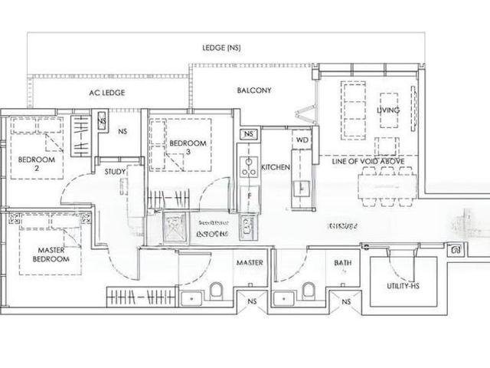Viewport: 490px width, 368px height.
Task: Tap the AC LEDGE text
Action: tap(106, 92)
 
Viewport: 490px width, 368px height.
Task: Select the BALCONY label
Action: tap(253, 90)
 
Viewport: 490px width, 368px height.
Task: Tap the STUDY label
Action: tap(116, 172)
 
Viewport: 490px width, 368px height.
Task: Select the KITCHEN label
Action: tap(274, 166)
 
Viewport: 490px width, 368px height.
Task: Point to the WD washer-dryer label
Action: tap(302, 141)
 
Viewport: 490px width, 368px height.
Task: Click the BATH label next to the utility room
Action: tap(342, 263)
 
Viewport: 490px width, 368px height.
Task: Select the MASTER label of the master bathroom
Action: tap(250, 263)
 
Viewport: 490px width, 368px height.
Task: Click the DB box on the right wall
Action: tap(456, 250)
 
